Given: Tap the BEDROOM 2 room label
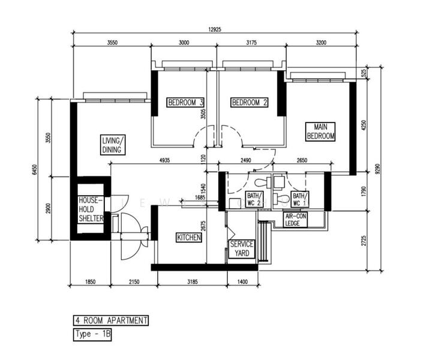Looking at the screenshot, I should click(x=249, y=103).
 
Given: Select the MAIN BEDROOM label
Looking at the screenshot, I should click(x=320, y=131).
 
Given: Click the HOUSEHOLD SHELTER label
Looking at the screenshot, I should click(x=91, y=209).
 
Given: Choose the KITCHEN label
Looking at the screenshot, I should click(x=188, y=238).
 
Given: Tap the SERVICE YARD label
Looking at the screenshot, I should click(x=242, y=249).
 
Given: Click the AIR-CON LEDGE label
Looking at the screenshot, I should click(x=296, y=219).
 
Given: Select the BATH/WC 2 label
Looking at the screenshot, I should click(x=253, y=199).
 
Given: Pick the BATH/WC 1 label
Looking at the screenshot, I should click(x=299, y=199).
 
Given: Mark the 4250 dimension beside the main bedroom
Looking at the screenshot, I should click(x=363, y=125).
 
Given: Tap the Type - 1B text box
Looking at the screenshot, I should click(x=92, y=334).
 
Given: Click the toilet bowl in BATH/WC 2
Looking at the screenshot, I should click(x=260, y=182).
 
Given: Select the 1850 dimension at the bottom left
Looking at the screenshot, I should click(x=89, y=281).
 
